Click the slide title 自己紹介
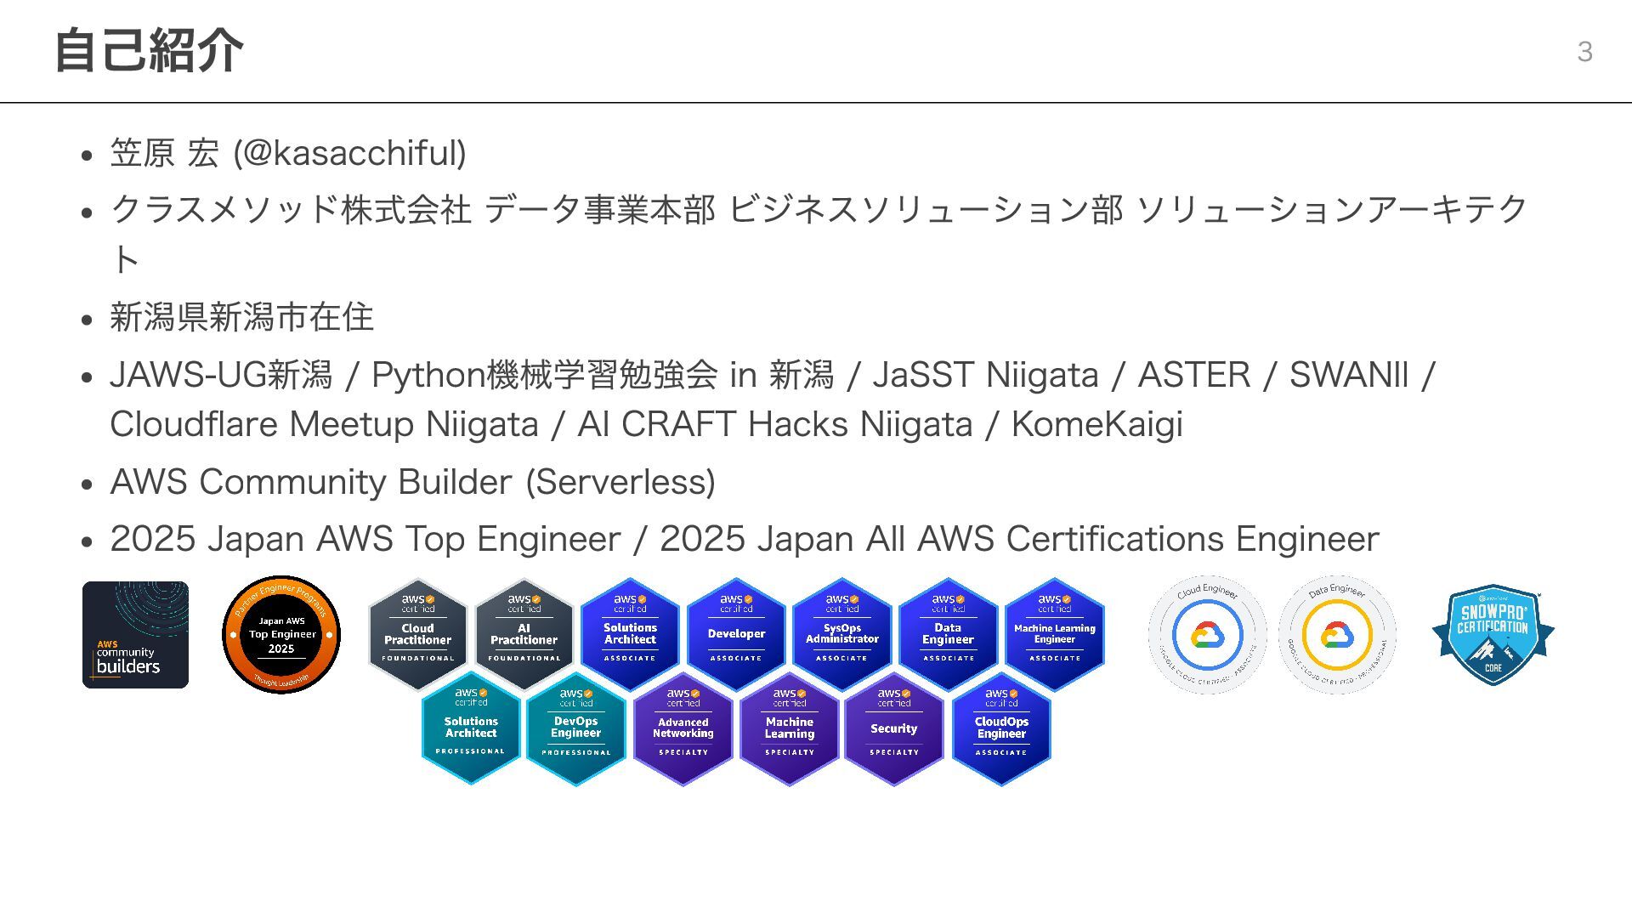[x=149, y=51]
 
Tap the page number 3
[x=1584, y=52]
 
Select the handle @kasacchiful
[x=349, y=153]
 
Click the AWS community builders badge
[x=135, y=635]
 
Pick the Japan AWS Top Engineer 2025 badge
[x=281, y=635]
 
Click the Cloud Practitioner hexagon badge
[x=417, y=634]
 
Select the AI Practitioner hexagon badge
[x=524, y=634]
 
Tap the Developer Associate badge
[x=736, y=634]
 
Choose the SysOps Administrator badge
[x=841, y=634]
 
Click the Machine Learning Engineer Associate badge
[x=1054, y=634]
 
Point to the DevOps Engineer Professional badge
[x=575, y=728]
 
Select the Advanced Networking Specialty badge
[x=683, y=728]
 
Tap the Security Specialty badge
[x=893, y=728]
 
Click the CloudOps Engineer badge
[x=1001, y=728]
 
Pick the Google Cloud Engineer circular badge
[x=1207, y=635]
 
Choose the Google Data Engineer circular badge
[x=1337, y=635]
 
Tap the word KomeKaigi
[x=1096, y=424]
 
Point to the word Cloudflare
[x=195, y=424]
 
